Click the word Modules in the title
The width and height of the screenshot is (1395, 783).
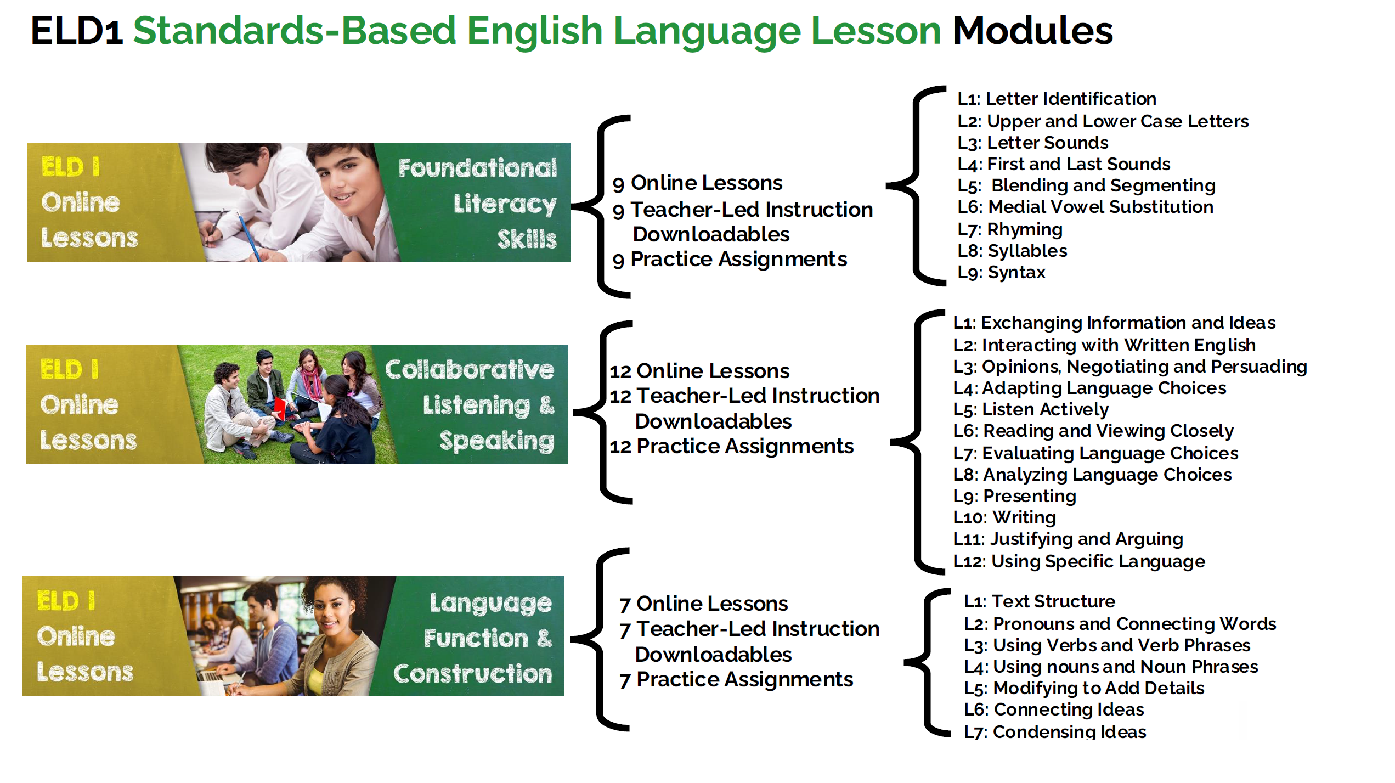[x=1032, y=31]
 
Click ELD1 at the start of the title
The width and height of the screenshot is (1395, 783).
[x=77, y=31]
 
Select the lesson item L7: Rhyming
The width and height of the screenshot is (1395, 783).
[x=1010, y=229]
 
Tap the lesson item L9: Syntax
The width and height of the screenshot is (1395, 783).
[x=1002, y=272]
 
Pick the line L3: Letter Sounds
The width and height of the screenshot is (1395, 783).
[x=1033, y=143]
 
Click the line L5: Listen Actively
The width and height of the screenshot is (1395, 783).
[x=1031, y=409]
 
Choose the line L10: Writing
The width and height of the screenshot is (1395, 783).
[x=1004, y=517]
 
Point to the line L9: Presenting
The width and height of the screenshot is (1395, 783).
[x=1015, y=496]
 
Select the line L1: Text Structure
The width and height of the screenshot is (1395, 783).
[x=1040, y=601]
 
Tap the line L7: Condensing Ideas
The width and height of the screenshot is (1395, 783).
[x=1055, y=731]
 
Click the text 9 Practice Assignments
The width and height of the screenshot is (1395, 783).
[x=730, y=260]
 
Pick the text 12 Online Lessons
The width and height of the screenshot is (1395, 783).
[x=699, y=371]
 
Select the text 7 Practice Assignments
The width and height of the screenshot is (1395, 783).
[x=736, y=680]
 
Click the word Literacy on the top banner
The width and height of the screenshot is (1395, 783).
[x=505, y=204]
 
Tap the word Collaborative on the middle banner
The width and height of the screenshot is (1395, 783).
[x=470, y=370]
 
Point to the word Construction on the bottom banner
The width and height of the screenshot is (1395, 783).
[x=473, y=674]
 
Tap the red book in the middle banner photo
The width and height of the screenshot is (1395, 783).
[x=280, y=408]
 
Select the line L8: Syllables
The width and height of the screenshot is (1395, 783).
[x=1013, y=251]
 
